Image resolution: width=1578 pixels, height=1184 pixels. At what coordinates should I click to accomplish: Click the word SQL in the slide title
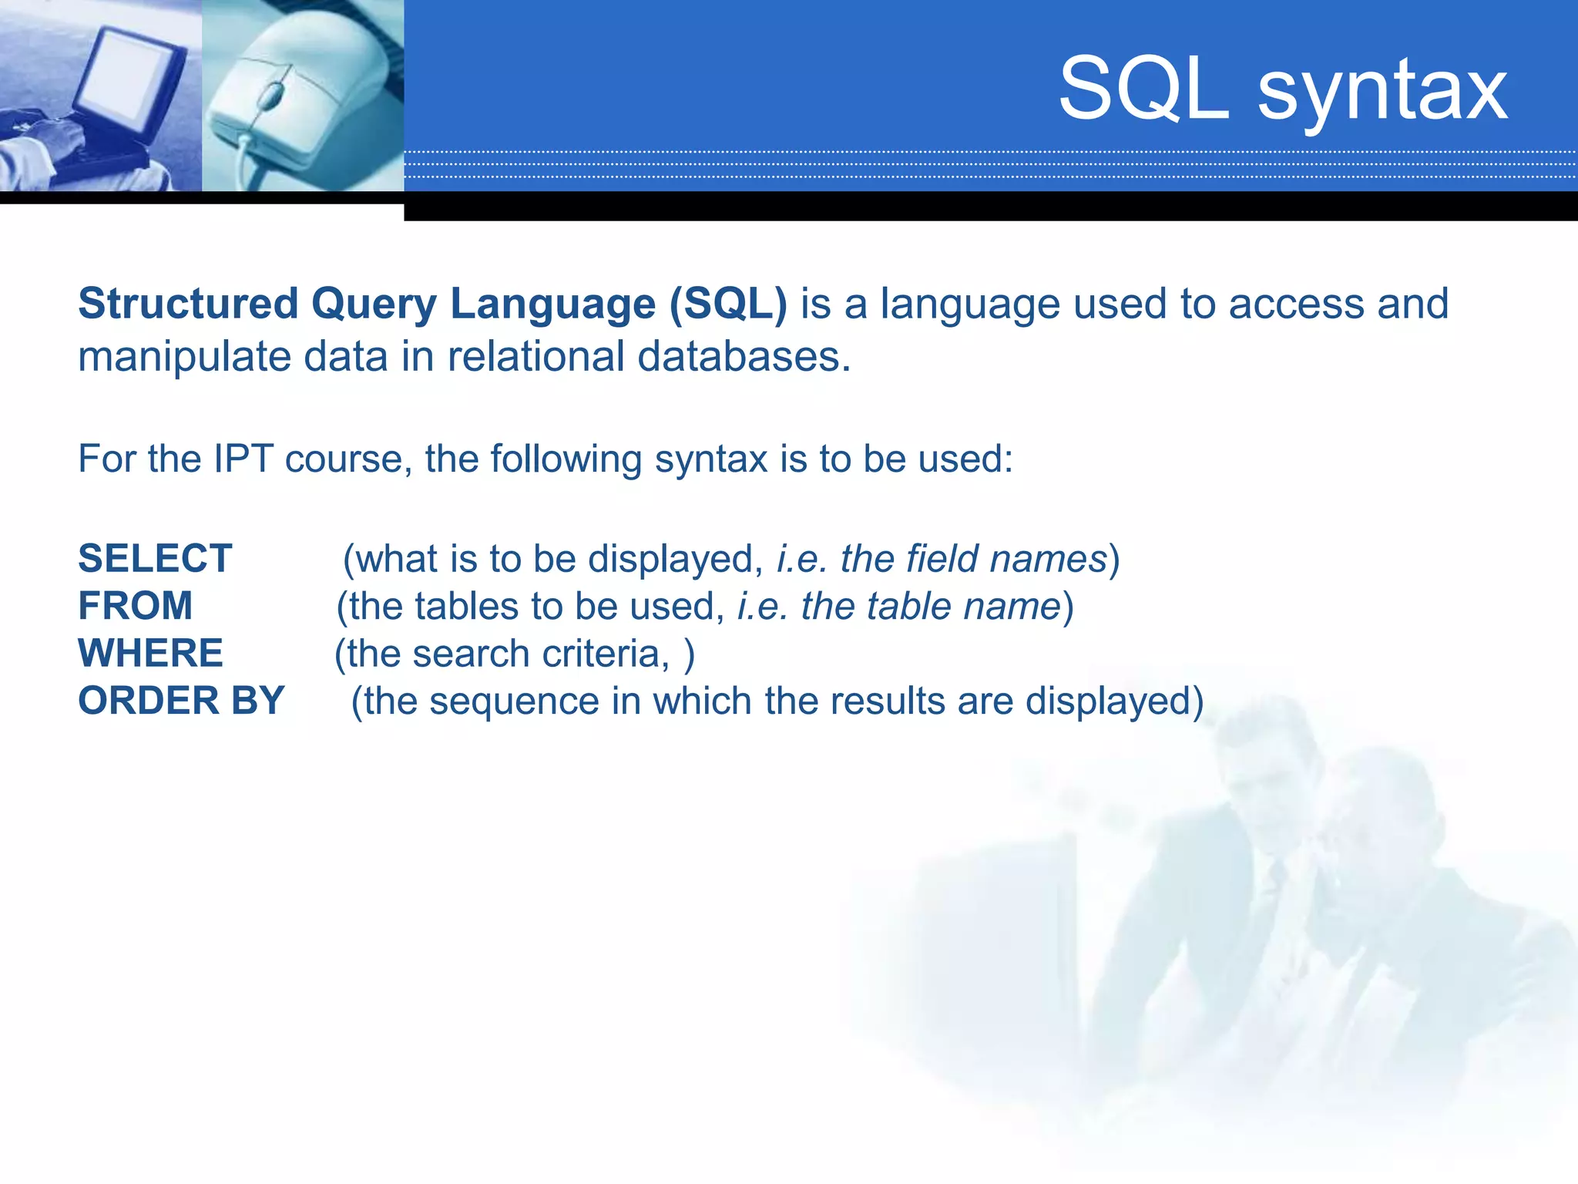[1143, 90]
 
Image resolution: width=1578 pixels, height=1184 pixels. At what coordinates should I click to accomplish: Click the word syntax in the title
[1382, 92]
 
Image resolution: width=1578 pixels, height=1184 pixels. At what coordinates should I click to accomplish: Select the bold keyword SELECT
[155, 558]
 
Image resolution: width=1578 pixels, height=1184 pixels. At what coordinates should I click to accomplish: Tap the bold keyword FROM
[136, 606]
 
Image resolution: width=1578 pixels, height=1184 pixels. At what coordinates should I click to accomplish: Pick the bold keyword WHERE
[151, 654]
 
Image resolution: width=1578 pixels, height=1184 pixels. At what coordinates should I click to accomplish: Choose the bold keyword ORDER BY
[182, 701]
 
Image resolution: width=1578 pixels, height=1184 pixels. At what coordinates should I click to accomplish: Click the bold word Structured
[188, 304]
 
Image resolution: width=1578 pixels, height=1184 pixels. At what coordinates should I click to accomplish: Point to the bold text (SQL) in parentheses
[728, 304]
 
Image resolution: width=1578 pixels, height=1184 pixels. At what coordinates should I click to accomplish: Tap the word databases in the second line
[744, 358]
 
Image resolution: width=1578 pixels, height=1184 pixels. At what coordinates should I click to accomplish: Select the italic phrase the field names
[973, 559]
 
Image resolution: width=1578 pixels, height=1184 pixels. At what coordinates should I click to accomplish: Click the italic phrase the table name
[931, 607]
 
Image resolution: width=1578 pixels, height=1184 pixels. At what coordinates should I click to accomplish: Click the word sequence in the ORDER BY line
[514, 701]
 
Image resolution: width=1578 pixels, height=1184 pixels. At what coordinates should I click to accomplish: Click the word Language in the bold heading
[552, 304]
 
